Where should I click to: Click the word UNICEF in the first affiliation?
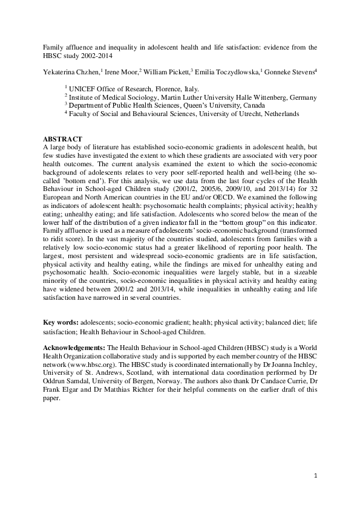tap(83, 88)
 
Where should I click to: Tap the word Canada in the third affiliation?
tap(247, 105)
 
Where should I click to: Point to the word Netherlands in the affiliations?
tap(278, 114)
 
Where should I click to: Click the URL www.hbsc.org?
tap(96, 365)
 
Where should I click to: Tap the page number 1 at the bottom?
tap(315, 478)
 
